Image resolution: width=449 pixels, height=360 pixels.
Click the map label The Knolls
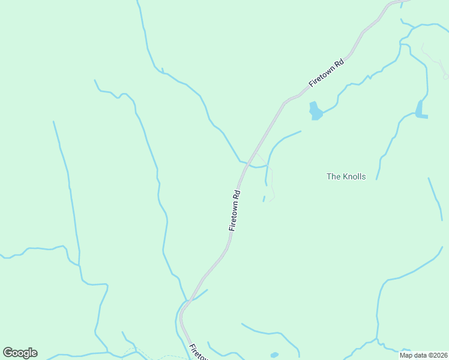[346, 176]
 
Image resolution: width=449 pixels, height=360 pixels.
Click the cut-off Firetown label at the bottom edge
[199, 352]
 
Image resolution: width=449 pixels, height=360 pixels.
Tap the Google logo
[20, 353]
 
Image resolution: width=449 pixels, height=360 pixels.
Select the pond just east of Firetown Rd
[315, 111]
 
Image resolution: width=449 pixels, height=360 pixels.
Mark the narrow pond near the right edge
[420, 109]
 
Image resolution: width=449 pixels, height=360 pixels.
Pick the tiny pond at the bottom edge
[274, 355]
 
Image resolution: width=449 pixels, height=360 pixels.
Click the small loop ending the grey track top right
[445, 76]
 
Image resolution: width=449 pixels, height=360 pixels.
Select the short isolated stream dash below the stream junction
[264, 199]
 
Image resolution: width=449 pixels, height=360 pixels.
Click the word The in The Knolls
[333, 176]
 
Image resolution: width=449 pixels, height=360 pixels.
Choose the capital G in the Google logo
[8, 352]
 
